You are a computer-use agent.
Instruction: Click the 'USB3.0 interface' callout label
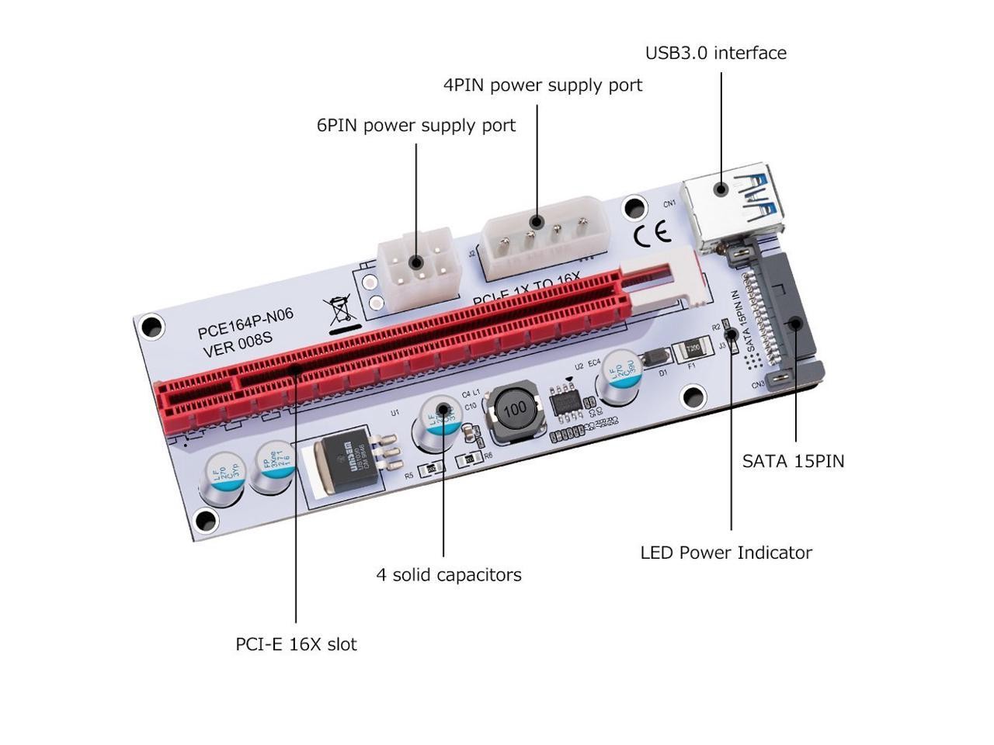pyautogui.click(x=715, y=53)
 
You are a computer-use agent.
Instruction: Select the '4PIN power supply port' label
pyautogui.click(x=543, y=85)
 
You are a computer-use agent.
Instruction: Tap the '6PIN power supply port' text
pyautogui.click(x=415, y=125)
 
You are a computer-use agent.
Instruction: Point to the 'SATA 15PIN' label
pyautogui.click(x=793, y=461)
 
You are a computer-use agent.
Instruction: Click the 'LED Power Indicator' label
pyautogui.click(x=726, y=553)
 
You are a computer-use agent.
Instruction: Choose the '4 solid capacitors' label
pyautogui.click(x=449, y=575)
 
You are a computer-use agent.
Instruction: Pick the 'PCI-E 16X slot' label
pyautogui.click(x=296, y=644)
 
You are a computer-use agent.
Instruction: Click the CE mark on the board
pyautogui.click(x=652, y=234)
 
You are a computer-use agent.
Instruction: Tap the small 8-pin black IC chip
pyautogui.click(x=570, y=402)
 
